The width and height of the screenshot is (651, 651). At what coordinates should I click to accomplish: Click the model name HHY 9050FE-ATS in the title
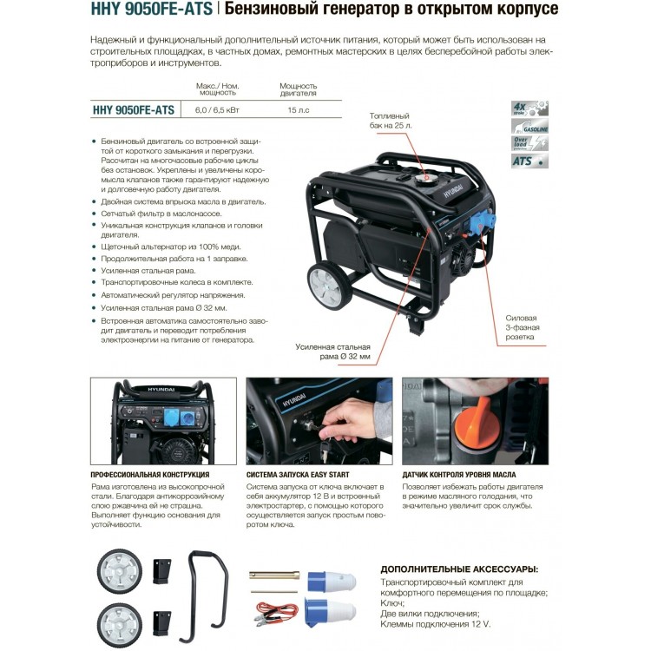pyautogui.click(x=152, y=9)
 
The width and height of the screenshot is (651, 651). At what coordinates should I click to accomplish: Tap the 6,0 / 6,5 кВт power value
pyautogui.click(x=217, y=110)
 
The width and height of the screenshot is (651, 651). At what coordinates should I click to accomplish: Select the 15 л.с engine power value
pyautogui.click(x=298, y=110)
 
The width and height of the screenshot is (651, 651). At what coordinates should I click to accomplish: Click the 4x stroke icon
pyautogui.click(x=529, y=108)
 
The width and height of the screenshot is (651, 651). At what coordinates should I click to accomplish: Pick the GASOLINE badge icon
pyautogui.click(x=529, y=126)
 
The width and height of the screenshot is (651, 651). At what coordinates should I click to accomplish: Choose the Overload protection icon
pyautogui.click(x=529, y=143)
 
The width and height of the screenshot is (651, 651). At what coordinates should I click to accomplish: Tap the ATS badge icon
pyautogui.click(x=529, y=161)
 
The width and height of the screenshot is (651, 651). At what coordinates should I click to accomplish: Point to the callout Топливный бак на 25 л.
pyautogui.click(x=391, y=121)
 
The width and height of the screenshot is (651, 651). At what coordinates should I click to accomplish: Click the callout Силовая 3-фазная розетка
pyautogui.click(x=523, y=327)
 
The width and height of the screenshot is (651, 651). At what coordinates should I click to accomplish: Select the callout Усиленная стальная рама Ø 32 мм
pyautogui.click(x=333, y=352)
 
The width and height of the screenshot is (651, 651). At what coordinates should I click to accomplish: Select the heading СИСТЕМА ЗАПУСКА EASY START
pyautogui.click(x=298, y=475)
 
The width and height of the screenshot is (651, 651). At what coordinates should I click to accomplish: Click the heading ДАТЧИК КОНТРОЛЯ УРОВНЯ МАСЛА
pyautogui.click(x=459, y=475)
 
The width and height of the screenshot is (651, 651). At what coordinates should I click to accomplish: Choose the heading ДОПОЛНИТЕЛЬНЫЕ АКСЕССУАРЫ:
pyautogui.click(x=459, y=569)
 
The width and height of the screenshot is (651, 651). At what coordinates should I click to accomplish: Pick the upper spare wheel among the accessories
pyautogui.click(x=120, y=571)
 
